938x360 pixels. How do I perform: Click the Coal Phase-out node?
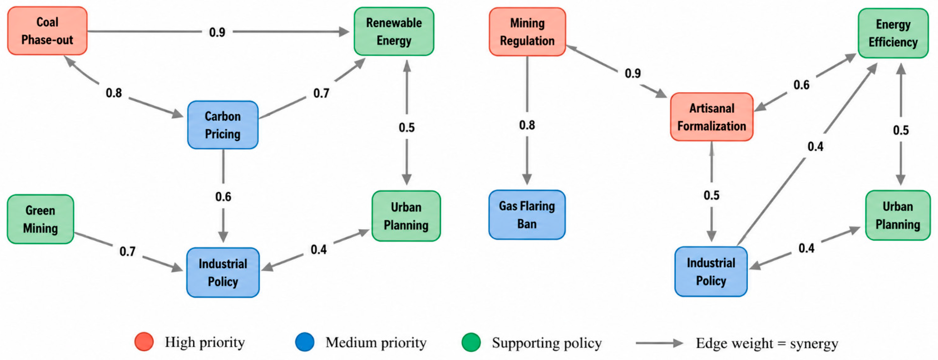[47, 31]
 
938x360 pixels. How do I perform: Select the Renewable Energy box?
[394, 32]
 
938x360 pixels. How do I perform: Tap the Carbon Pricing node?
[223, 125]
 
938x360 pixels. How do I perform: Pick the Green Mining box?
[40, 219]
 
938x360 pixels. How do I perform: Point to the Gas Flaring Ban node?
[527, 215]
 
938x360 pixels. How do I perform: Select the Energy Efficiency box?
[893, 33]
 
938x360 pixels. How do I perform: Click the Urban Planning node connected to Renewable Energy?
[406, 216]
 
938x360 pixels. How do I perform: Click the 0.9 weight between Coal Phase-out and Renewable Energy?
[217, 32]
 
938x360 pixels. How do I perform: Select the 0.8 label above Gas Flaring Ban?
[527, 125]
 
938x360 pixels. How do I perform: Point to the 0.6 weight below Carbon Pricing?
[223, 197]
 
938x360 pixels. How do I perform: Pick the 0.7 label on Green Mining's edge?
[127, 251]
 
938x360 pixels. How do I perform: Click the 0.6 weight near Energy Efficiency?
[801, 85]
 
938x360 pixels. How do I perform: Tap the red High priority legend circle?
[144, 342]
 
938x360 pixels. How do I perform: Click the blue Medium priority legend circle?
[305, 342]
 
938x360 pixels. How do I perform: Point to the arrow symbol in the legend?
[659, 343]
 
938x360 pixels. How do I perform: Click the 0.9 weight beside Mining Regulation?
[633, 73]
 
